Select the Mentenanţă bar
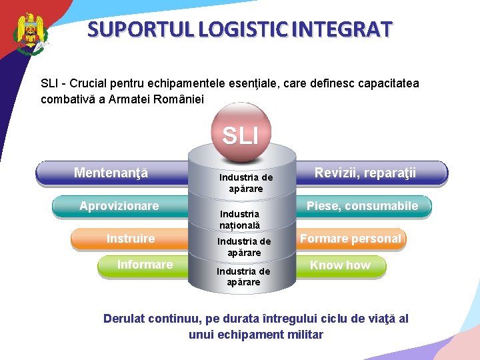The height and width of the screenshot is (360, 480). tap(111, 173)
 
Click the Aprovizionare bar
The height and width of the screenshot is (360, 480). tap(119, 206)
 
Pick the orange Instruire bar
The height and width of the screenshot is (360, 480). tap(130, 239)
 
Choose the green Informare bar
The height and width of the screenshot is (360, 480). tap(144, 265)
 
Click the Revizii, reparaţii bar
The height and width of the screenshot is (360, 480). tap(365, 173)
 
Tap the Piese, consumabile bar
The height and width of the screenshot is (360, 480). tap(362, 206)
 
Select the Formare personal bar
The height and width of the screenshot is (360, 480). tap(351, 239)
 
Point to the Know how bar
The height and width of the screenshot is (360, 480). tap(340, 265)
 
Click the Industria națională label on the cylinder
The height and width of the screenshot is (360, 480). tap(240, 220)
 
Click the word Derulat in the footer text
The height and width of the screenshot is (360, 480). tap(124, 319)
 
